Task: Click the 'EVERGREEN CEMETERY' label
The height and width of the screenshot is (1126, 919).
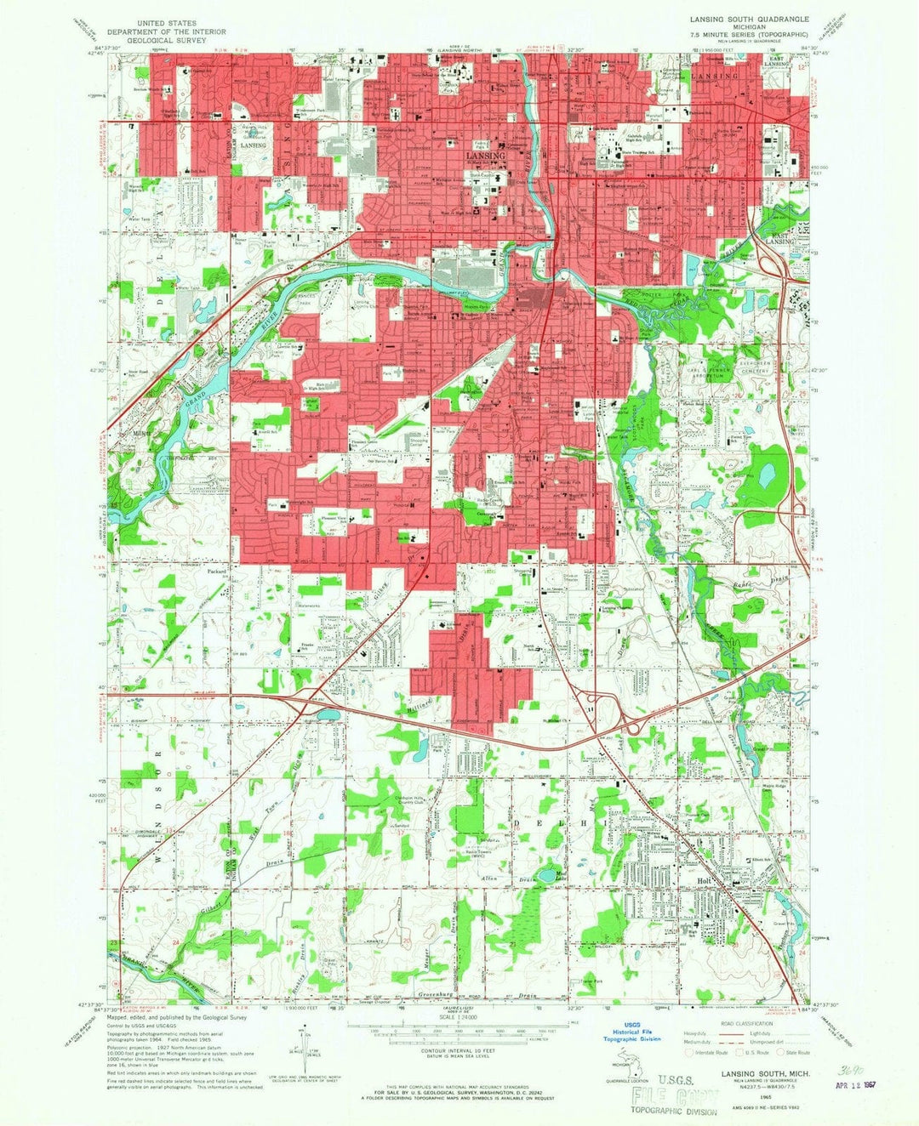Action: [x=754, y=367]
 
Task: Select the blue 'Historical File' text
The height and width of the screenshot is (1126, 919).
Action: [x=631, y=1031]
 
